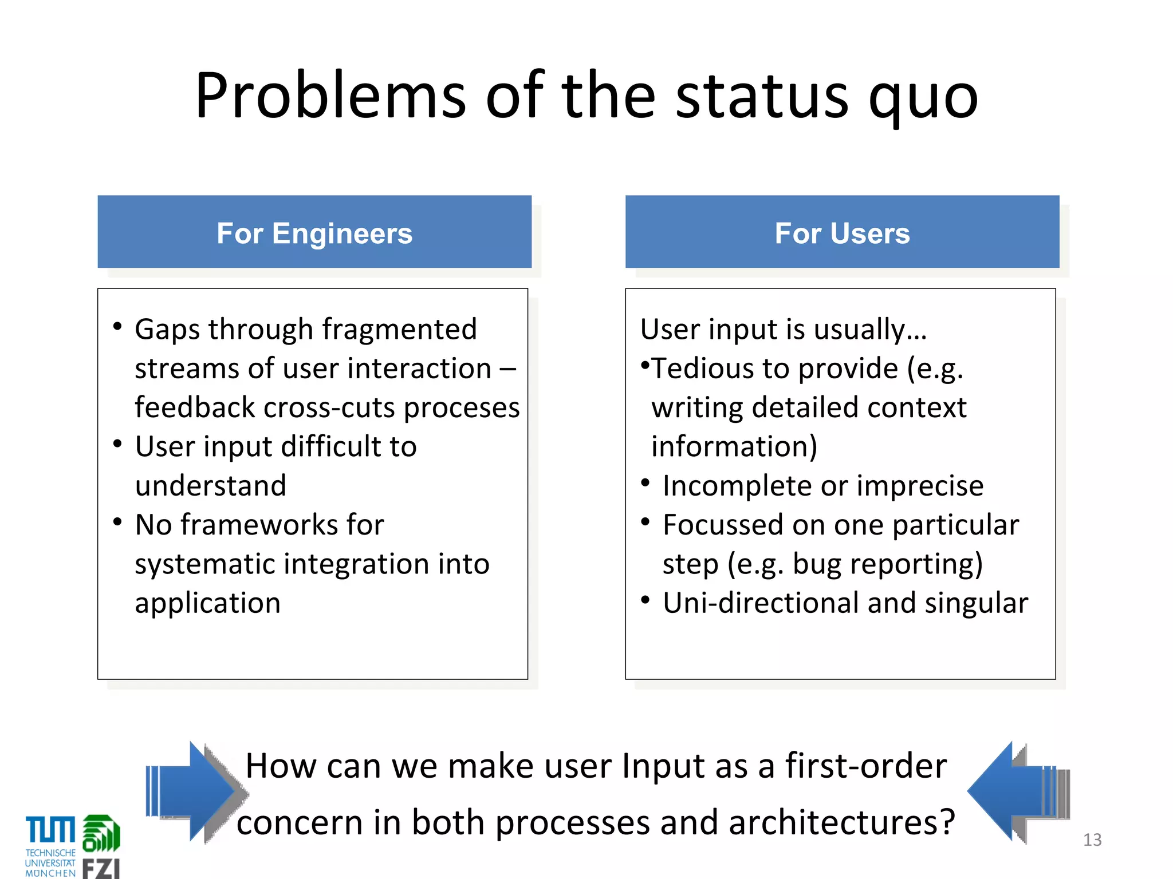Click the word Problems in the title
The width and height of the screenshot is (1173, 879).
pyautogui.click(x=330, y=96)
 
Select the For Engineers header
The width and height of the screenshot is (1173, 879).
pyautogui.click(x=314, y=232)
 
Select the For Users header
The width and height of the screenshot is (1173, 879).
pyautogui.click(x=842, y=232)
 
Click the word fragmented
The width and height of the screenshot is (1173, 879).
pyautogui.click(x=399, y=330)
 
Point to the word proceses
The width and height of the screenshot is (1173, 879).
pyautogui.click(x=462, y=408)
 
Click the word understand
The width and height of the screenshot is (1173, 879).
pyautogui.click(x=210, y=486)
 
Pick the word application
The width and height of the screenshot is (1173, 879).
pyautogui.click(x=207, y=603)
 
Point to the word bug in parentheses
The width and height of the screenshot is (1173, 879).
pyautogui.click(x=817, y=564)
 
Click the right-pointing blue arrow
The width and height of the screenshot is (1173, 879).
pyautogui.click(x=195, y=792)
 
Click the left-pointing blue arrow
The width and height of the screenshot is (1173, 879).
pyautogui.click(x=1016, y=792)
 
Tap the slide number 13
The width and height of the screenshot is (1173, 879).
pyautogui.click(x=1092, y=840)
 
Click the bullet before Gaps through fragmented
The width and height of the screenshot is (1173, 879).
pyautogui.click(x=117, y=327)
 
